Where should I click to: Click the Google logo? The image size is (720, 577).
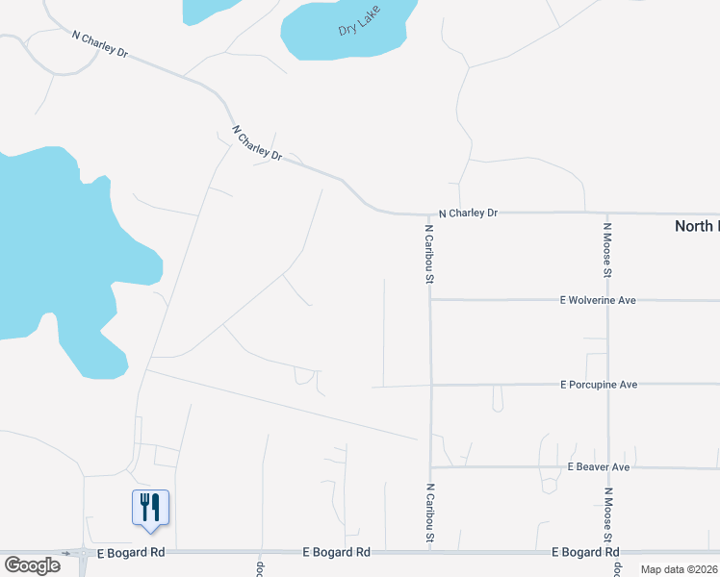(32, 565)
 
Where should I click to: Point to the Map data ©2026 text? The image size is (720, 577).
(679, 569)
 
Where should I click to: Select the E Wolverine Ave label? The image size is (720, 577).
(598, 300)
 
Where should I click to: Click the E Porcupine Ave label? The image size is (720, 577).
(599, 385)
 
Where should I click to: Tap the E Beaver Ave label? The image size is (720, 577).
(598, 467)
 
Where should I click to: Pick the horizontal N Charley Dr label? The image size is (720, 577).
(468, 213)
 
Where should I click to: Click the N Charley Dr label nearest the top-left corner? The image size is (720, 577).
(100, 43)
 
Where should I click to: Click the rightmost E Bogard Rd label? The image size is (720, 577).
(584, 552)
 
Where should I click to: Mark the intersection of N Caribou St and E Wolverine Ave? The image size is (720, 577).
(430, 299)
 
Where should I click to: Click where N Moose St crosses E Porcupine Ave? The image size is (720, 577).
(607, 384)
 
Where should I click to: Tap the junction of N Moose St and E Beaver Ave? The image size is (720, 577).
(607, 468)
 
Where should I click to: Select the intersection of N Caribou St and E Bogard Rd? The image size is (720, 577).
(430, 552)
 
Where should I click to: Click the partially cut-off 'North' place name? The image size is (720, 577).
(696, 226)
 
